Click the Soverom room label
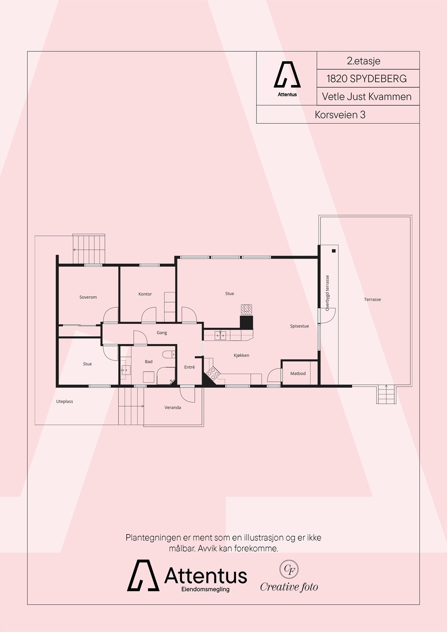tap(88, 297)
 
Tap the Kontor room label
tap(145, 294)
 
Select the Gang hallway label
tap(162, 333)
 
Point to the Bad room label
tap(149, 361)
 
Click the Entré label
tap(189, 367)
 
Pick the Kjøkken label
tap(241, 355)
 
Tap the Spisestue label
tap(299, 326)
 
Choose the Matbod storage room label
tap(298, 373)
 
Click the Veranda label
tap(173, 407)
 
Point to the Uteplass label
tap(64, 401)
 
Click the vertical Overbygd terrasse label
tap(327, 293)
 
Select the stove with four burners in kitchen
tap(213, 373)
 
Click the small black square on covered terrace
tap(334, 251)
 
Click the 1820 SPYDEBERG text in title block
tap(366, 79)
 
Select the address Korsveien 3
tap(340, 115)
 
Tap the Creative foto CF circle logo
tap(289, 569)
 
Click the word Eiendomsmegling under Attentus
tap(205, 589)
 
